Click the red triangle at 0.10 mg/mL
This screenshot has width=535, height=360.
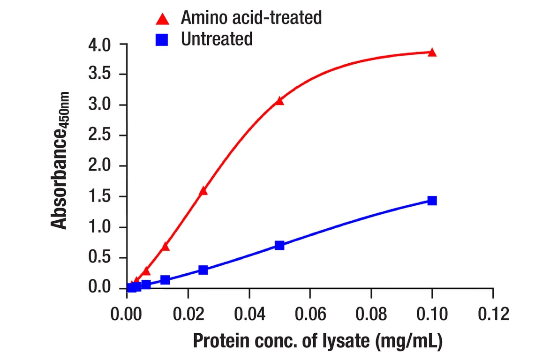click(x=432, y=52)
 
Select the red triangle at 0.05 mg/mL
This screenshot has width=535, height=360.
click(x=279, y=101)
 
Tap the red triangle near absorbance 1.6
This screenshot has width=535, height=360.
click(x=203, y=191)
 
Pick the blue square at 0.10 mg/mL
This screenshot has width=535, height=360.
click(x=432, y=201)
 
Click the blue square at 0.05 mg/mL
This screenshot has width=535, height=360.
click(x=279, y=245)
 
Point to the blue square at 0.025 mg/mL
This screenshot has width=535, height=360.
click(x=203, y=270)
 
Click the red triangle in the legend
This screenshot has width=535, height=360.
click(x=162, y=19)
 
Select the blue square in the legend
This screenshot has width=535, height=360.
click(x=162, y=40)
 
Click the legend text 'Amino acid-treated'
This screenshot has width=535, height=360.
click(x=251, y=18)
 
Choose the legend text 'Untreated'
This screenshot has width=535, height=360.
click(x=217, y=39)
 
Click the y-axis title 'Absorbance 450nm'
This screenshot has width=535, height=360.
click(x=60, y=159)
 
